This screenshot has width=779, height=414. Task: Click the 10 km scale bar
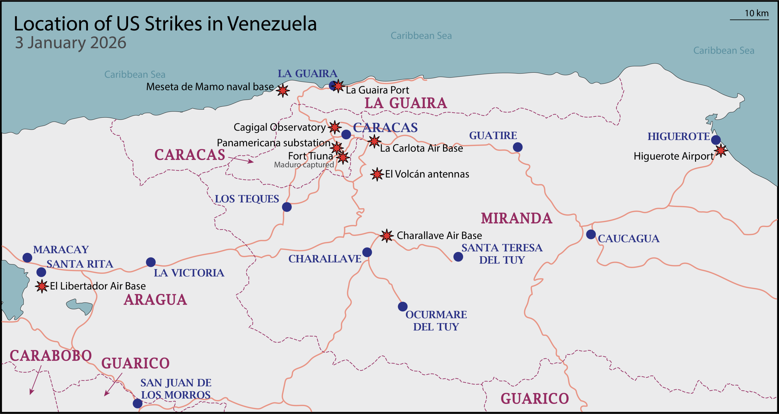coord(749,20)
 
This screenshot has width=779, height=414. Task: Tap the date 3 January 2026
coord(71,43)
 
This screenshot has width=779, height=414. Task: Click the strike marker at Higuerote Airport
coord(721,150)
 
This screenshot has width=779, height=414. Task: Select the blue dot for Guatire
coord(518,147)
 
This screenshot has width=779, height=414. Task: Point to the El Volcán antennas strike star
coord(377,174)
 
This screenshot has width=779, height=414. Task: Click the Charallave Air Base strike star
coord(387,236)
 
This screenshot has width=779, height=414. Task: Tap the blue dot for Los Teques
coord(287,207)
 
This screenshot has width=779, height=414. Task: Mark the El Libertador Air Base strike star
coord(42,286)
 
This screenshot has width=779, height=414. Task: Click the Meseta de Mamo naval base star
coord(283,90)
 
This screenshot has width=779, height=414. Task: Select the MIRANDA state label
coord(516,218)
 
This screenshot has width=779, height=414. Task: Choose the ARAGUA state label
coord(155,300)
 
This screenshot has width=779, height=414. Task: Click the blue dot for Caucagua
coord(591,234)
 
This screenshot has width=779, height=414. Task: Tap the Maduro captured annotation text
coord(304,165)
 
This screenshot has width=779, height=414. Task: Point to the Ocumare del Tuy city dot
coord(403,306)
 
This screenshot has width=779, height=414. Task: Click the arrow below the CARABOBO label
coord(35,380)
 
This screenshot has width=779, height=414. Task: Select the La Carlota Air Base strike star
coord(374,141)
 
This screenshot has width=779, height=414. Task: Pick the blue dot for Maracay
coord(27,257)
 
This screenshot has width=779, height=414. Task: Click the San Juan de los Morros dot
coord(138,403)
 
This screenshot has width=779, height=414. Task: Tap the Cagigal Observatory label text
coord(279,127)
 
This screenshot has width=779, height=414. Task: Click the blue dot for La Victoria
coord(151,262)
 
